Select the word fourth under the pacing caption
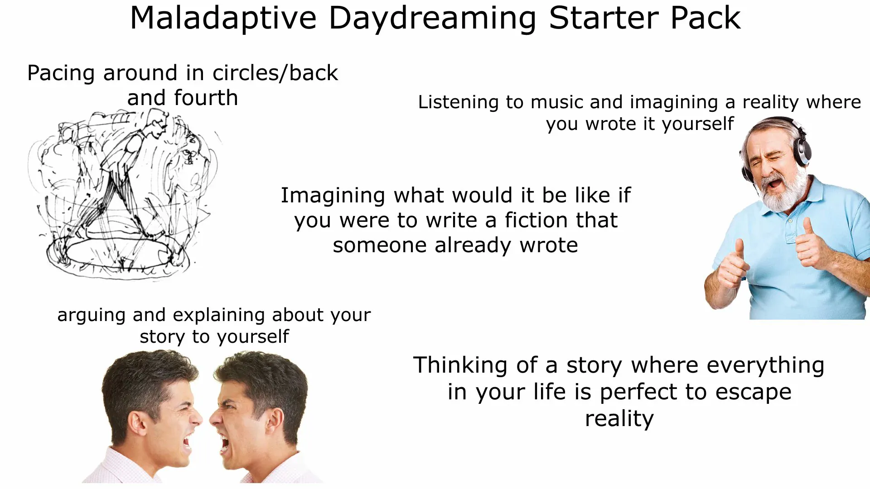click(206, 98)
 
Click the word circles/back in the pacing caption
click(275, 73)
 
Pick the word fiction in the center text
click(536, 221)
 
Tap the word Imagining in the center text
click(333, 196)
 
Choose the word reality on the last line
click(619, 419)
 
